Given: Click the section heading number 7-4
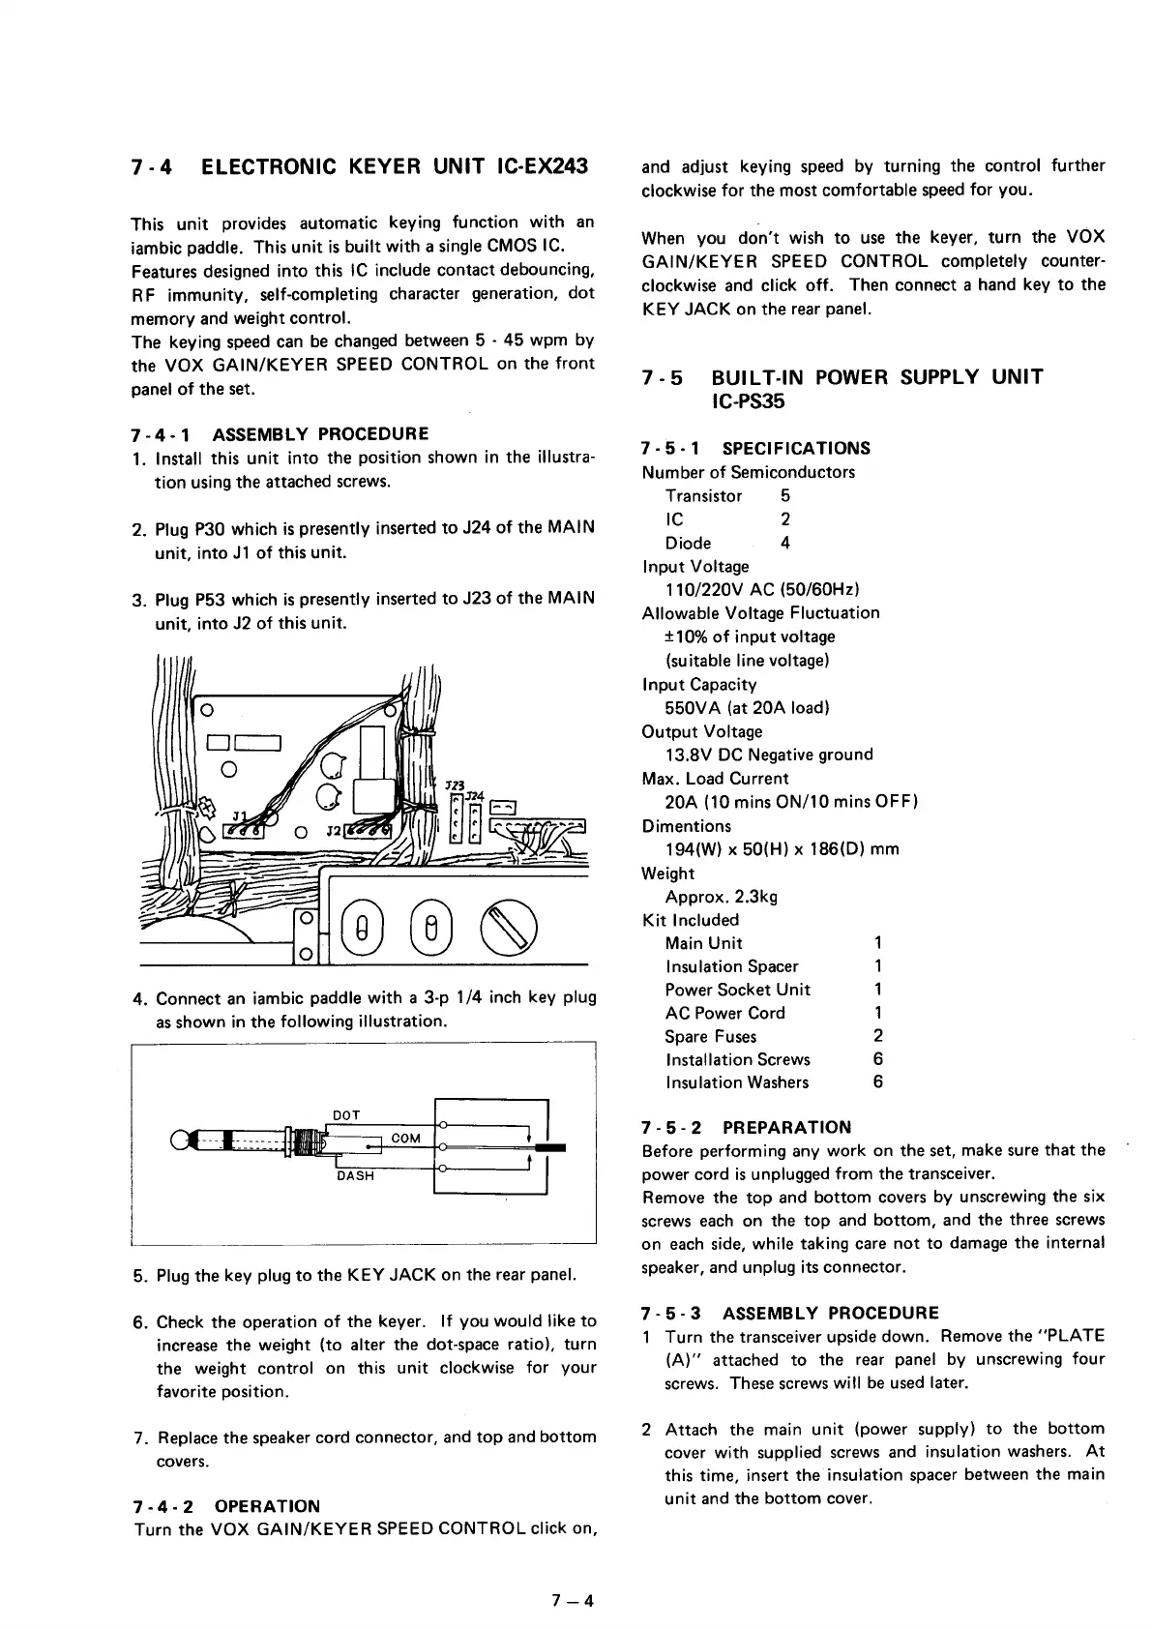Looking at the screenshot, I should (151, 166).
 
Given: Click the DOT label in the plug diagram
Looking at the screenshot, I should (346, 1114).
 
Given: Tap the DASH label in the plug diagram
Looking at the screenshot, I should (355, 1176).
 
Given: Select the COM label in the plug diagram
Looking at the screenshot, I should (406, 1139).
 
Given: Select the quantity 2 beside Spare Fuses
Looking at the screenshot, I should (877, 1036).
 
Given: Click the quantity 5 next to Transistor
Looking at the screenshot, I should (785, 495).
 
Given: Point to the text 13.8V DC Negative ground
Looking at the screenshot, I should (769, 755).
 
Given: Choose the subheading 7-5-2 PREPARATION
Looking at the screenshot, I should (746, 1127).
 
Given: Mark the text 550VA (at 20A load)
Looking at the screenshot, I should (747, 707).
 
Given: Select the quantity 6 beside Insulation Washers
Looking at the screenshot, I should (877, 1082).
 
